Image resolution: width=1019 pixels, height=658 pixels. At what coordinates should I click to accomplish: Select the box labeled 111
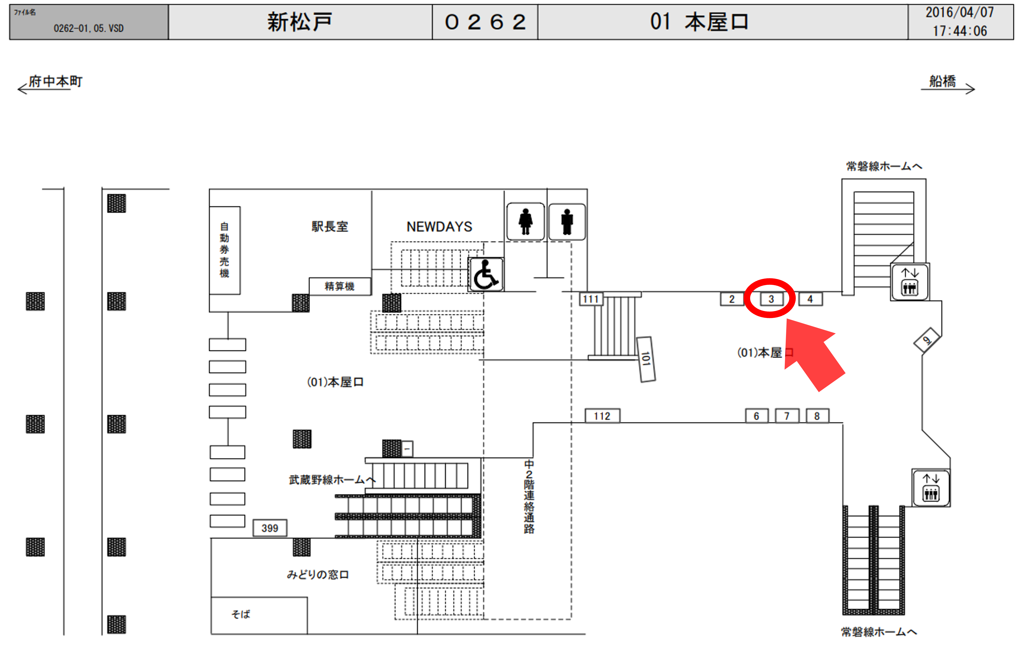pyautogui.click(x=591, y=299)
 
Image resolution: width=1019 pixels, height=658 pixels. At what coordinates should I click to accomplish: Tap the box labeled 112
pyautogui.click(x=602, y=416)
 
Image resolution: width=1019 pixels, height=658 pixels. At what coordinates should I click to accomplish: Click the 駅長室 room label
pyautogui.click(x=330, y=226)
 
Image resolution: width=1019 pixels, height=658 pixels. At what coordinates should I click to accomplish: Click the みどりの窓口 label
pyautogui.click(x=318, y=575)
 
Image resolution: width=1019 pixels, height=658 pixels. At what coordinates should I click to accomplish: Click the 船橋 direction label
pyautogui.click(x=943, y=81)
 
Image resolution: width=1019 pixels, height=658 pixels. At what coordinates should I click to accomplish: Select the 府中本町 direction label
pyautogui.click(x=56, y=81)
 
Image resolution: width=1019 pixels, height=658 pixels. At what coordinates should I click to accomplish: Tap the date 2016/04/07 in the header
pyautogui.click(x=960, y=12)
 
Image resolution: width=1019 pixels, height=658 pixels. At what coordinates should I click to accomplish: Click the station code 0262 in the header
pyautogui.click(x=485, y=22)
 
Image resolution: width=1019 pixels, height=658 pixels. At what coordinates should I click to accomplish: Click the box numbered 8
pyautogui.click(x=817, y=416)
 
